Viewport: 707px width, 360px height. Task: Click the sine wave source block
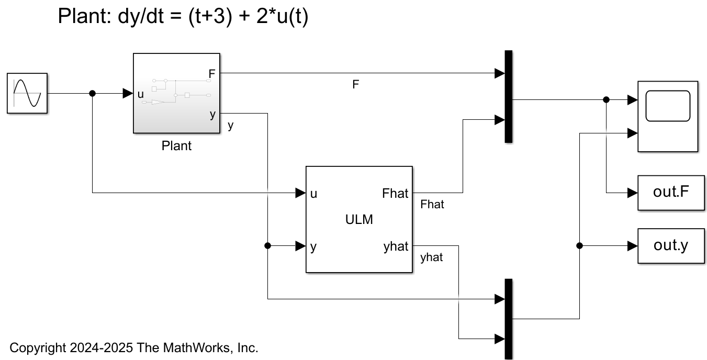[27, 93]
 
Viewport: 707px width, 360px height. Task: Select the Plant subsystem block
[176, 93]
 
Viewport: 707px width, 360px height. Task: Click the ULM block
[359, 220]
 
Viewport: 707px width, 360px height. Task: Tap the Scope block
[668, 116]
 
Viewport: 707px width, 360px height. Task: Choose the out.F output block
[671, 193]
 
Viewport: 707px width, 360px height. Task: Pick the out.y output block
[671, 245]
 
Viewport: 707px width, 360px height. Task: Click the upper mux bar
[508, 96]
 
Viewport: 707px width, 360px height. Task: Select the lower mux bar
[508, 318]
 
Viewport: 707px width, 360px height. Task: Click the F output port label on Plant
[212, 74]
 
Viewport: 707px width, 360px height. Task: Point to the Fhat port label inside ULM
[395, 194]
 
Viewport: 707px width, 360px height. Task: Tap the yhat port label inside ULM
[396, 246]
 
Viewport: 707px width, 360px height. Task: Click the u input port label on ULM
[313, 194]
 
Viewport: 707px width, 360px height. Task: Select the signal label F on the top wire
[356, 85]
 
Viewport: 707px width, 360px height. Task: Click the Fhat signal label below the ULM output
[432, 205]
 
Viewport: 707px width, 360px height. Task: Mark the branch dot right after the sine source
[93, 94]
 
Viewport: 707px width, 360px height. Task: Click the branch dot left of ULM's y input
[268, 245]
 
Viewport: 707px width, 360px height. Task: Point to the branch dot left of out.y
[579, 245]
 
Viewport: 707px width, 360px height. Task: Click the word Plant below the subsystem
[177, 146]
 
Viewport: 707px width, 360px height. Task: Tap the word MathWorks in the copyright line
[205, 347]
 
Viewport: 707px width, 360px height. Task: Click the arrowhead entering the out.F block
[633, 193]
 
